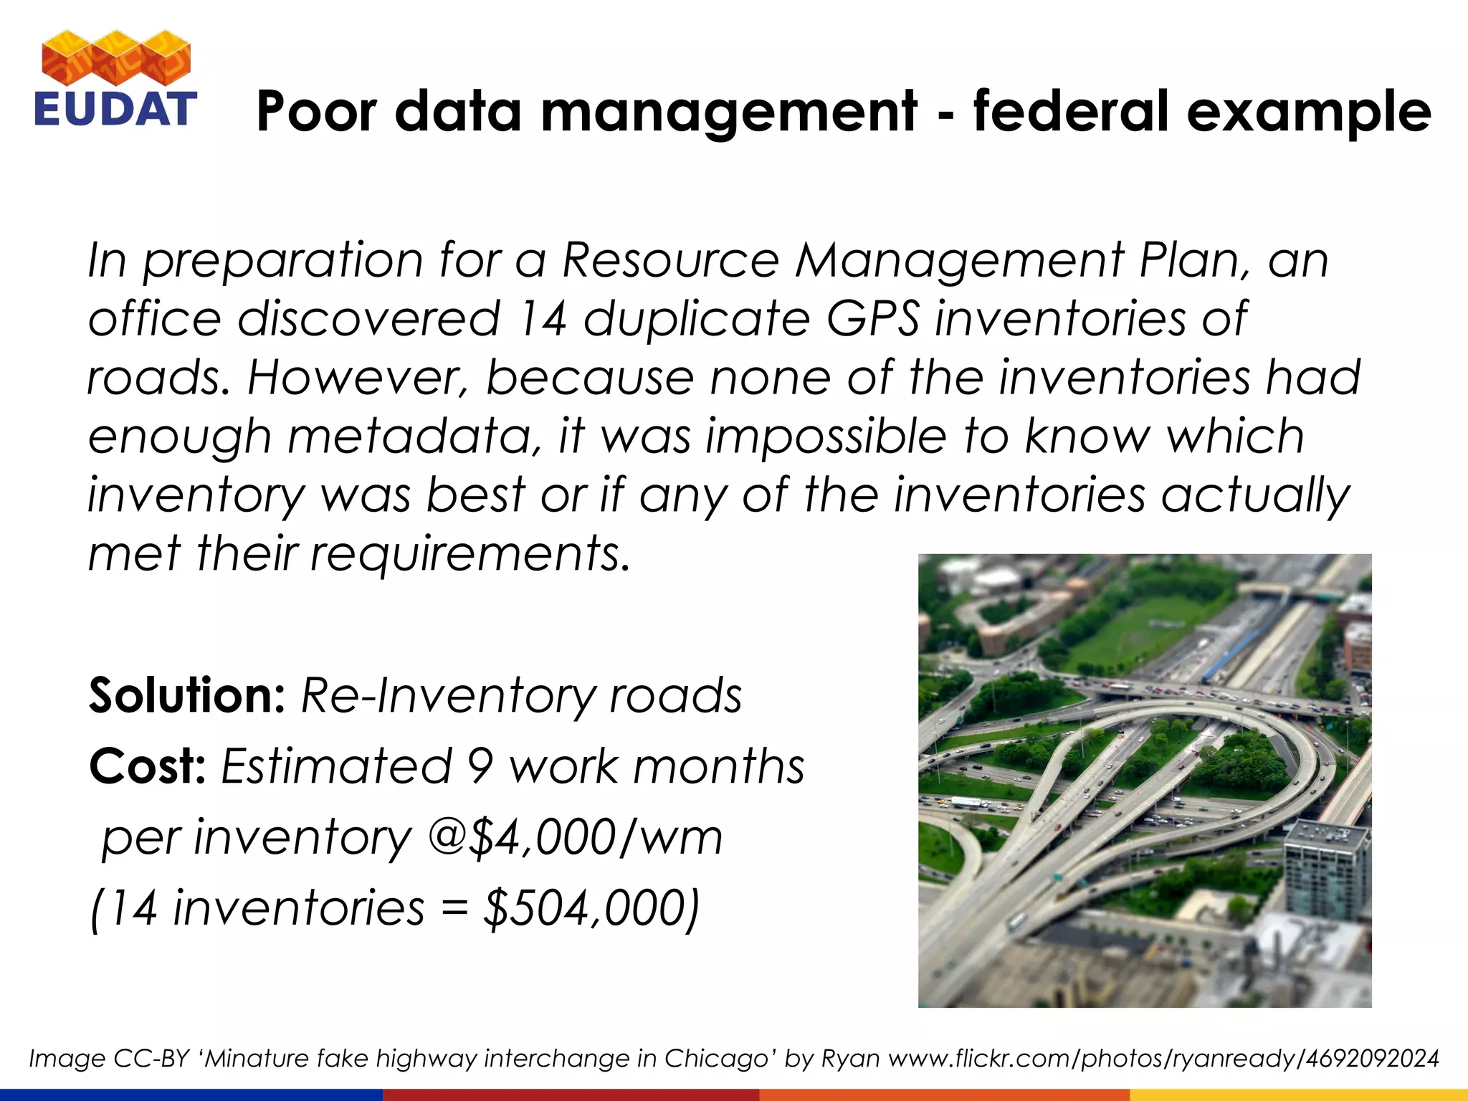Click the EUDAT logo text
tap(115, 109)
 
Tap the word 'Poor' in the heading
tap(316, 112)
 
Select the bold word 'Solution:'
tap(187, 695)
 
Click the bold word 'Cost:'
tap(148, 766)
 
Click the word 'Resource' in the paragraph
tap(670, 259)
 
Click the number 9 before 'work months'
tap(480, 766)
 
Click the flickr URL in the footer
tap(1163, 1059)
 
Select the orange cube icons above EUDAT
tap(116, 57)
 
